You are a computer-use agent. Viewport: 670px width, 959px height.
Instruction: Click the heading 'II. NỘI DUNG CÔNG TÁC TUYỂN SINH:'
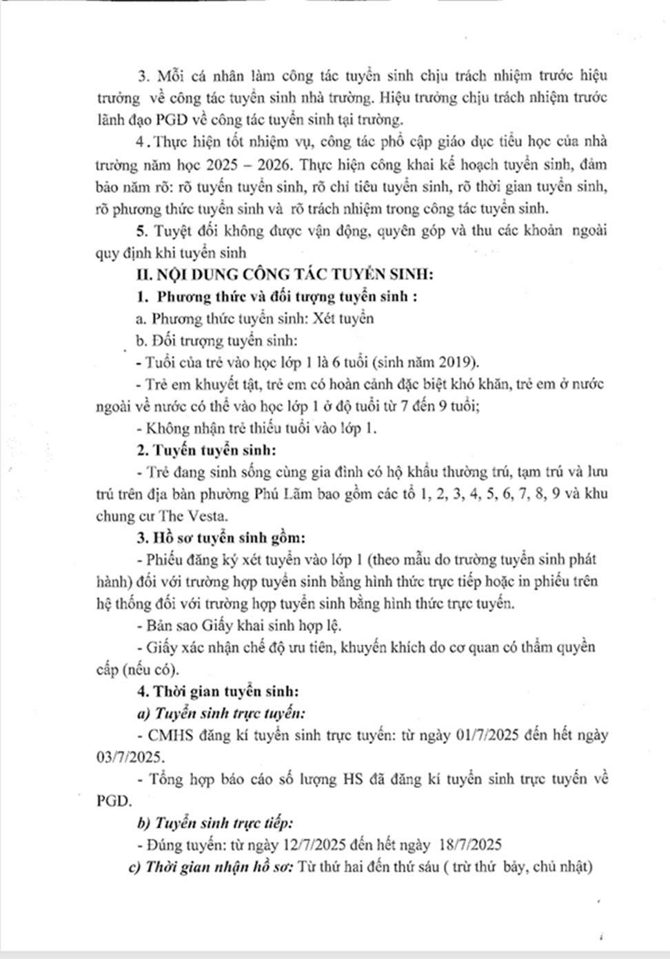click(x=285, y=274)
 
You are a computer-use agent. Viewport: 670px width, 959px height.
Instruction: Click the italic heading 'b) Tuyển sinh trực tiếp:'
click(x=215, y=823)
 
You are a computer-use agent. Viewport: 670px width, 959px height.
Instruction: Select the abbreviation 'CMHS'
click(x=169, y=734)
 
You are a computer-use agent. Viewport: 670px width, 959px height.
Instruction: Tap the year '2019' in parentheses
click(x=456, y=362)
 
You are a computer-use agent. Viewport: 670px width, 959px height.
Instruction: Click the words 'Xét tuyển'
click(x=343, y=318)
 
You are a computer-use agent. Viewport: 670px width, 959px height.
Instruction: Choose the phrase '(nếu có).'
click(x=151, y=670)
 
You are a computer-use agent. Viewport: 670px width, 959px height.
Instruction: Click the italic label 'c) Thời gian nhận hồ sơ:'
click(x=212, y=867)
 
